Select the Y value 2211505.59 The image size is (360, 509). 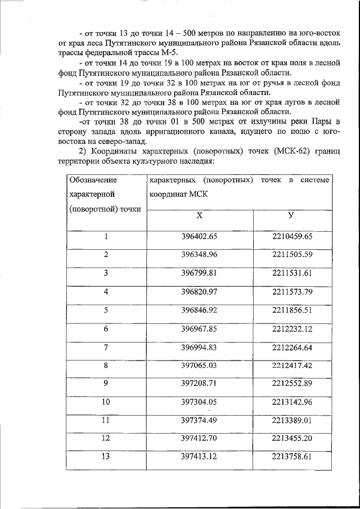point(291,254)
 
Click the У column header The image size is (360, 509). point(291,217)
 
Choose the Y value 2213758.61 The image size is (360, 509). point(291,457)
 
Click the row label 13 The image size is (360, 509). point(105,456)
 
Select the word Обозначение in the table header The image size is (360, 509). point(92,180)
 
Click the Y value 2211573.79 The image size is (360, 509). point(291,291)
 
